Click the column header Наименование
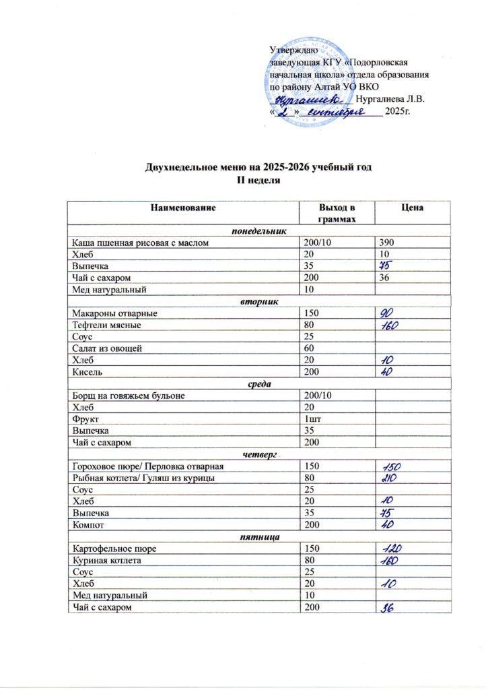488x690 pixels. [x=183, y=209]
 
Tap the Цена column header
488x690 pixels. [x=411, y=209]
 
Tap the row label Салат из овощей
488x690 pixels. [x=104, y=348]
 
